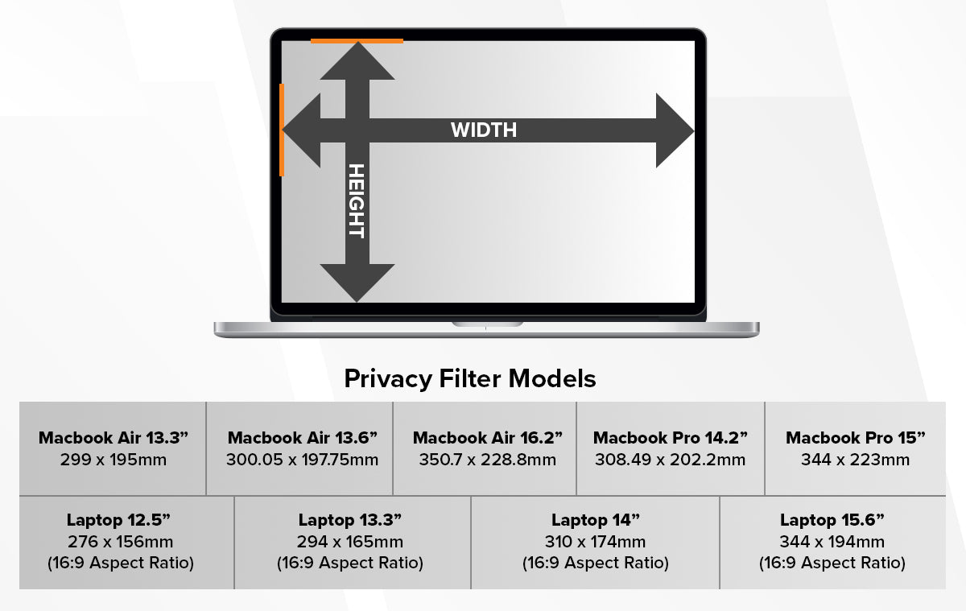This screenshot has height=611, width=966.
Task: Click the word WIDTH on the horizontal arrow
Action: tap(483, 130)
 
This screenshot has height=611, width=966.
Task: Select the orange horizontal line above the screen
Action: tap(357, 40)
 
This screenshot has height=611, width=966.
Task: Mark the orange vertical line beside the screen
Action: tap(282, 130)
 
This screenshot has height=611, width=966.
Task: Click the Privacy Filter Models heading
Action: tap(470, 378)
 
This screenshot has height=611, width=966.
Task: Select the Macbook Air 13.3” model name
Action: tap(114, 439)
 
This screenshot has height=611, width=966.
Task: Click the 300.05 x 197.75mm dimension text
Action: tap(302, 460)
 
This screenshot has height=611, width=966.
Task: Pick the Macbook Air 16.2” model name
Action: tap(487, 439)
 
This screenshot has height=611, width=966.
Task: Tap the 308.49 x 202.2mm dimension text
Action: tap(670, 460)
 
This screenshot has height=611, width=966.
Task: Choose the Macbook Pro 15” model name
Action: tap(856, 439)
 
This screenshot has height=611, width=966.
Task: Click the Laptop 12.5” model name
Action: tap(120, 520)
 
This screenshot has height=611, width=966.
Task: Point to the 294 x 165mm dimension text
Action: tap(350, 542)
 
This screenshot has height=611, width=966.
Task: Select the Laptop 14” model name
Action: tap(595, 520)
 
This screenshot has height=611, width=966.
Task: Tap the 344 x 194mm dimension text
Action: tap(832, 542)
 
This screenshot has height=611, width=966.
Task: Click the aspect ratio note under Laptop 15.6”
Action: tap(832, 563)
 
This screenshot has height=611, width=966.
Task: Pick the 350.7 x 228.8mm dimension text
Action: tap(487, 460)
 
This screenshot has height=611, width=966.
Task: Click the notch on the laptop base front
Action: tap(487, 324)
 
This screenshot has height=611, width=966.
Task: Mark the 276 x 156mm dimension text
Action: tap(120, 542)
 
